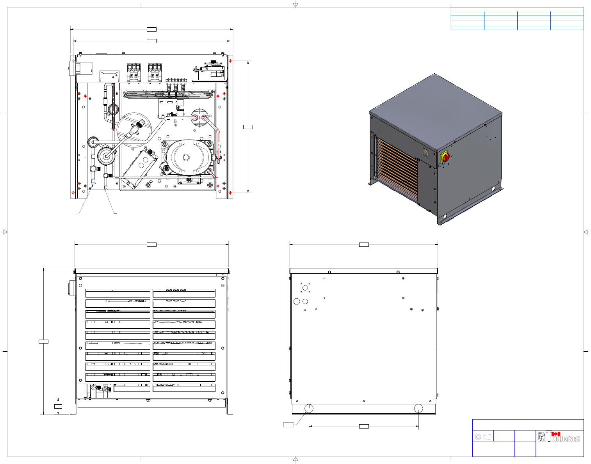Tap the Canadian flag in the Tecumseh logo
[555, 434]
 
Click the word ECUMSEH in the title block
[566, 439]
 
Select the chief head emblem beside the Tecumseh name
[541, 437]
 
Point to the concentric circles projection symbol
[478, 437]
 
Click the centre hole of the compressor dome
[186, 157]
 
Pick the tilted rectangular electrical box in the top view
[141, 168]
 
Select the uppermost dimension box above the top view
[151, 29]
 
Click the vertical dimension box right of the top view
[248, 127]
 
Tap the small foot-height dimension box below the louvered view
[58, 406]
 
